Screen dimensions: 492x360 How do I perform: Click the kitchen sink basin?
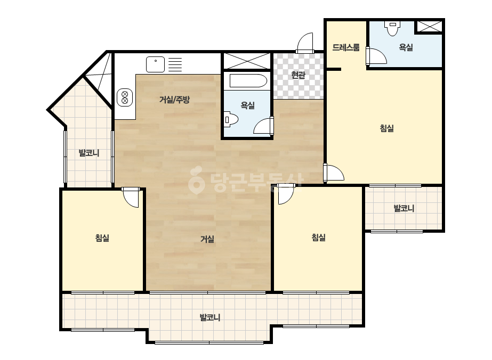(155, 64)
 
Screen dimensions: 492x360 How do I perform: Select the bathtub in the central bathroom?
(248, 81)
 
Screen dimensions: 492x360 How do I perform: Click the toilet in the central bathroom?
(231, 119)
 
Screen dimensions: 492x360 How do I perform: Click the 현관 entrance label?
(298, 75)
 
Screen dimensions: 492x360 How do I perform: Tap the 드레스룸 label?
(346, 47)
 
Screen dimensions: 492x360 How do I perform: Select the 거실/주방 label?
(174, 100)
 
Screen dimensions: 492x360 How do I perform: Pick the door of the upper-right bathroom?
(376, 56)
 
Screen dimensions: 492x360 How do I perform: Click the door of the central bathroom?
(263, 126)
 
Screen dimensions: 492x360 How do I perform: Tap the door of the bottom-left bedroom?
(131, 198)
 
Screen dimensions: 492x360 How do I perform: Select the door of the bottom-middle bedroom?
(285, 195)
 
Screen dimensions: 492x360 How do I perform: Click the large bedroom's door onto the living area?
(334, 173)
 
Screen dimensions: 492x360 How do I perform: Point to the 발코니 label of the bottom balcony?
(210, 318)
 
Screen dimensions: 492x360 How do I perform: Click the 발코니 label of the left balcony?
(89, 153)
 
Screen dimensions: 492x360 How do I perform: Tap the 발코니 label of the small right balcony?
(404, 208)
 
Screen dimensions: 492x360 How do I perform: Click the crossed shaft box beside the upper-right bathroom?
(429, 26)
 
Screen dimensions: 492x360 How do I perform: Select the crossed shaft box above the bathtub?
(247, 61)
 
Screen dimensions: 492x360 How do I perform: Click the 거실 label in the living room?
(207, 239)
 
